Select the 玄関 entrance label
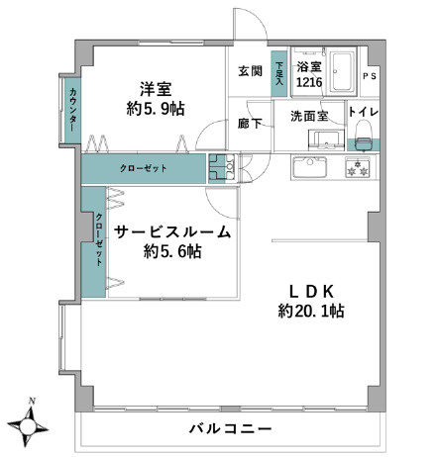coord(250,70)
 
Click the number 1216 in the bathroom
coord(309,82)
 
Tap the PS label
coord(370,76)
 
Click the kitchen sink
coord(315,166)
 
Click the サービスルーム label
coord(171,232)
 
